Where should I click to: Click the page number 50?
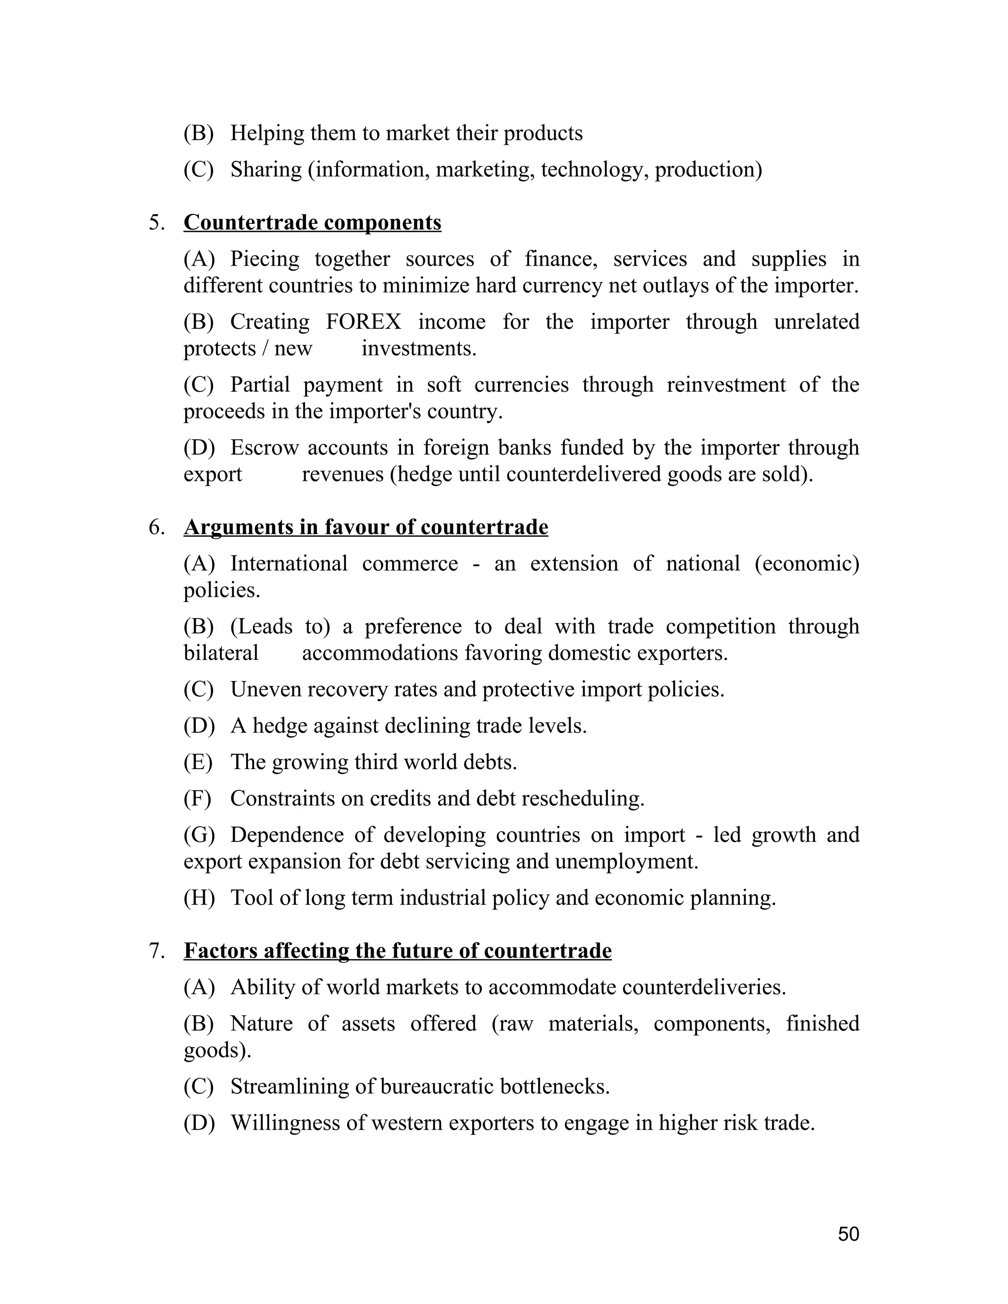pos(848,1234)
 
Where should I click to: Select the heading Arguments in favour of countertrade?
pos(366,527)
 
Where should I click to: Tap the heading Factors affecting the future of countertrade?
pos(397,951)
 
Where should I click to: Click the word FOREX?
pos(364,322)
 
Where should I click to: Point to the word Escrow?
pos(264,447)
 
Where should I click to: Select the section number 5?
pos(157,223)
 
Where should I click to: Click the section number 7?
pos(157,951)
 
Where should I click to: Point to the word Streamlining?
pos(290,1087)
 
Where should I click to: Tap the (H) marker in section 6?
pos(199,898)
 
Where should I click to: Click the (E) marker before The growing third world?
pos(198,762)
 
